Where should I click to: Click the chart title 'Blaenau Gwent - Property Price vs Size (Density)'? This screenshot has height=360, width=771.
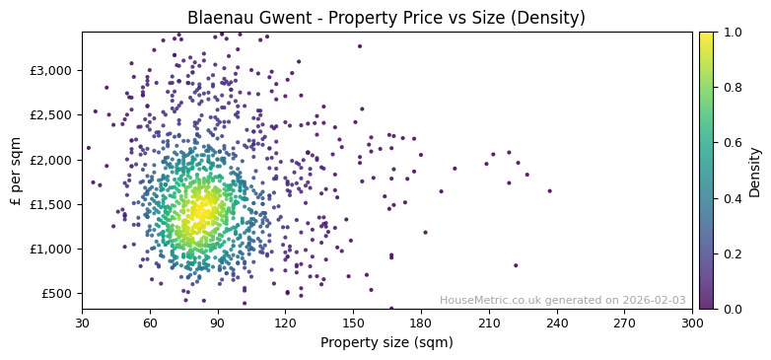pos(385,18)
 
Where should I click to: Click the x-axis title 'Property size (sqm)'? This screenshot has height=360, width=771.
pos(385,342)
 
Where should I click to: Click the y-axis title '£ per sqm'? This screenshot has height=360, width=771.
pos(16,171)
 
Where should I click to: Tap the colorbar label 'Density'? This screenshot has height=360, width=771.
pos(755,171)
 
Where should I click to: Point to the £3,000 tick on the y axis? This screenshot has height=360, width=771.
pos(51,70)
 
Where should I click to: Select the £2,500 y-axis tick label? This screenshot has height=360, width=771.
pos(51,115)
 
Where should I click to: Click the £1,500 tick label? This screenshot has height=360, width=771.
pos(51,204)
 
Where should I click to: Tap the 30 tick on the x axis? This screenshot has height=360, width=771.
pos(82,322)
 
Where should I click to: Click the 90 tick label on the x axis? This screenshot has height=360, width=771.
pos(217,322)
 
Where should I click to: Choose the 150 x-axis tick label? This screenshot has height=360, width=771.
pos(353,322)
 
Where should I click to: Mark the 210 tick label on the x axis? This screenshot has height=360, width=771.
pos(488,322)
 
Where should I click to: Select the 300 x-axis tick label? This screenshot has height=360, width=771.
pos(692,322)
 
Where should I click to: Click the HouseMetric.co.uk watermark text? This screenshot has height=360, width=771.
pos(562,300)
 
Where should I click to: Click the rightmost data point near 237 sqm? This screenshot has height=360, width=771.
pos(549,191)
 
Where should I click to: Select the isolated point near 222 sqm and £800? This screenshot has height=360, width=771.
pos(515,265)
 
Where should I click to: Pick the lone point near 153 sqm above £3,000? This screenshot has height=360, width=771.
pos(359,46)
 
